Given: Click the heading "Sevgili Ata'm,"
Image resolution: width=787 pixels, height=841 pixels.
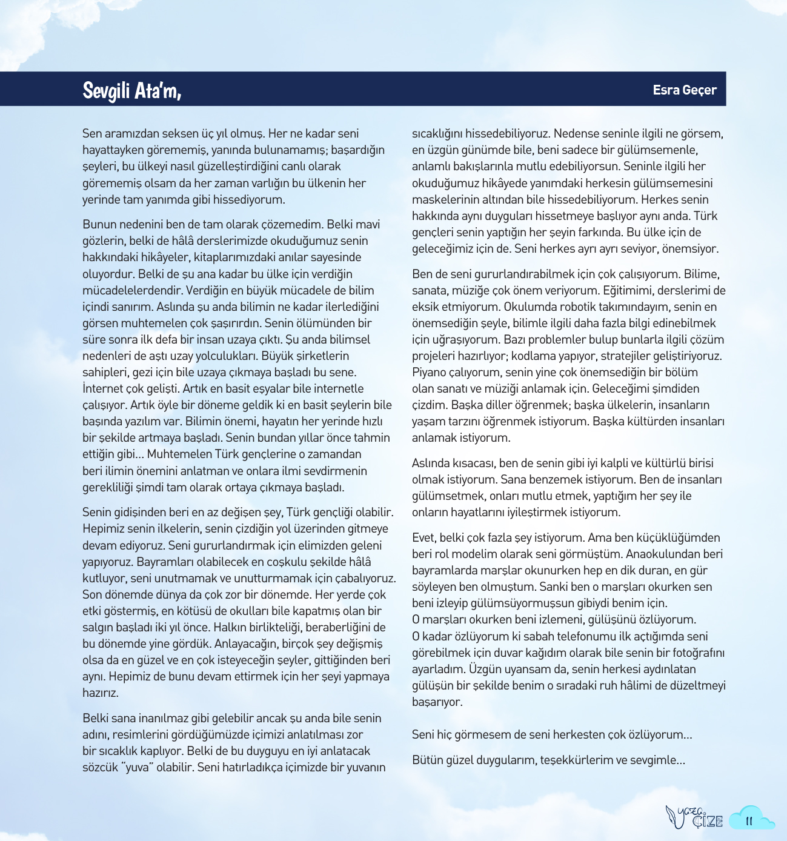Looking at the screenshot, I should pos(131,90).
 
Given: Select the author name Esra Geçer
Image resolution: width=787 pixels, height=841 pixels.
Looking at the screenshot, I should pos(685,90).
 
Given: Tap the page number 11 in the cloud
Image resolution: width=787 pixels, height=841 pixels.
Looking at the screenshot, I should pos(749,821).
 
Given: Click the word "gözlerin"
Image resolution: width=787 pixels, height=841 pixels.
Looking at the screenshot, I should pos(104,241).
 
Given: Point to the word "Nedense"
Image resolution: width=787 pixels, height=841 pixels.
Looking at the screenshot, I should pos(576,133).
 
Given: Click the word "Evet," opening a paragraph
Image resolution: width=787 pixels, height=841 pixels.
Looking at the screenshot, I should pos(423,537).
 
